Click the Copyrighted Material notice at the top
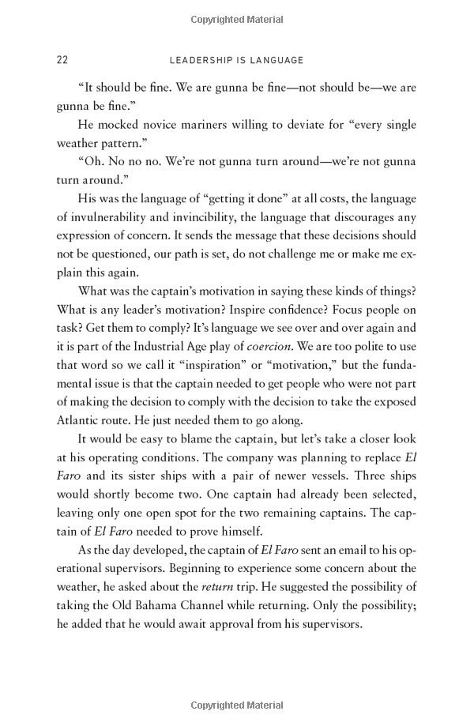tap(236, 16)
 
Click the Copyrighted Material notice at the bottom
tap(236, 705)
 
